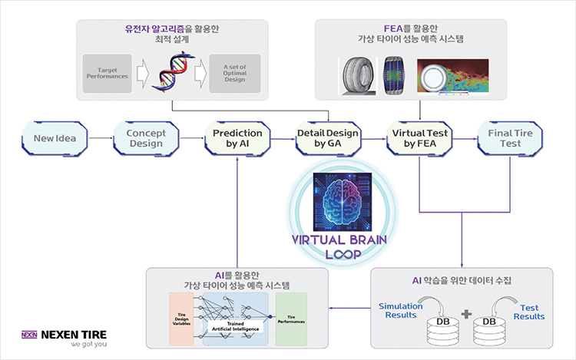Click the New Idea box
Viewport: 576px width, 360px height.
pyautogui.click(x=54, y=139)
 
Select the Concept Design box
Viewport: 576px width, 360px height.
pyautogui.click(x=146, y=139)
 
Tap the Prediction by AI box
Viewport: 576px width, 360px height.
pyautogui.click(x=237, y=139)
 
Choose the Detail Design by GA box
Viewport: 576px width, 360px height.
pyautogui.click(x=328, y=139)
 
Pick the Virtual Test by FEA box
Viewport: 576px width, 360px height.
pyautogui.click(x=419, y=139)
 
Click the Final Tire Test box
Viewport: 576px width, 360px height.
pyautogui.click(x=510, y=139)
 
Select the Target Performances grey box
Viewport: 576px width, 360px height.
pyautogui.click(x=108, y=74)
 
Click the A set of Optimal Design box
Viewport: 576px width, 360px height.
pyautogui.click(x=235, y=74)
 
